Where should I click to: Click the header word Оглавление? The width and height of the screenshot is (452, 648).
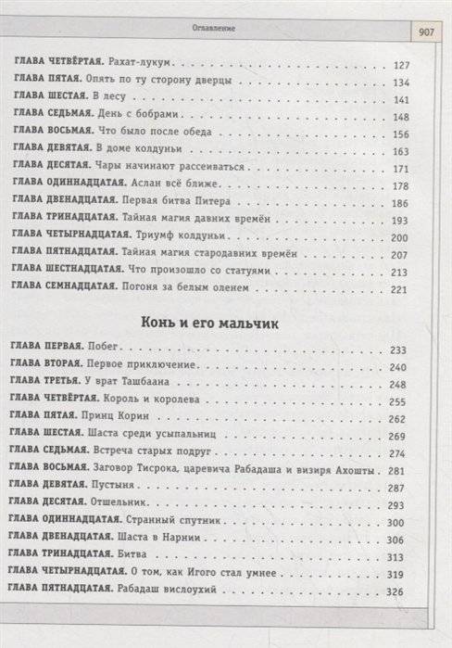(x=216, y=28)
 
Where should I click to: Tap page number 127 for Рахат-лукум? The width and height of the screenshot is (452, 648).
(x=400, y=66)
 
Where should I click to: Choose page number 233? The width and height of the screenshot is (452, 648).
(x=399, y=350)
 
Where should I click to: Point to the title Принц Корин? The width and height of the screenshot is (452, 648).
(x=115, y=418)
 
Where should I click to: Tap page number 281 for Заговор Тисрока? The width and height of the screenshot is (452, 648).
(x=399, y=468)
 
